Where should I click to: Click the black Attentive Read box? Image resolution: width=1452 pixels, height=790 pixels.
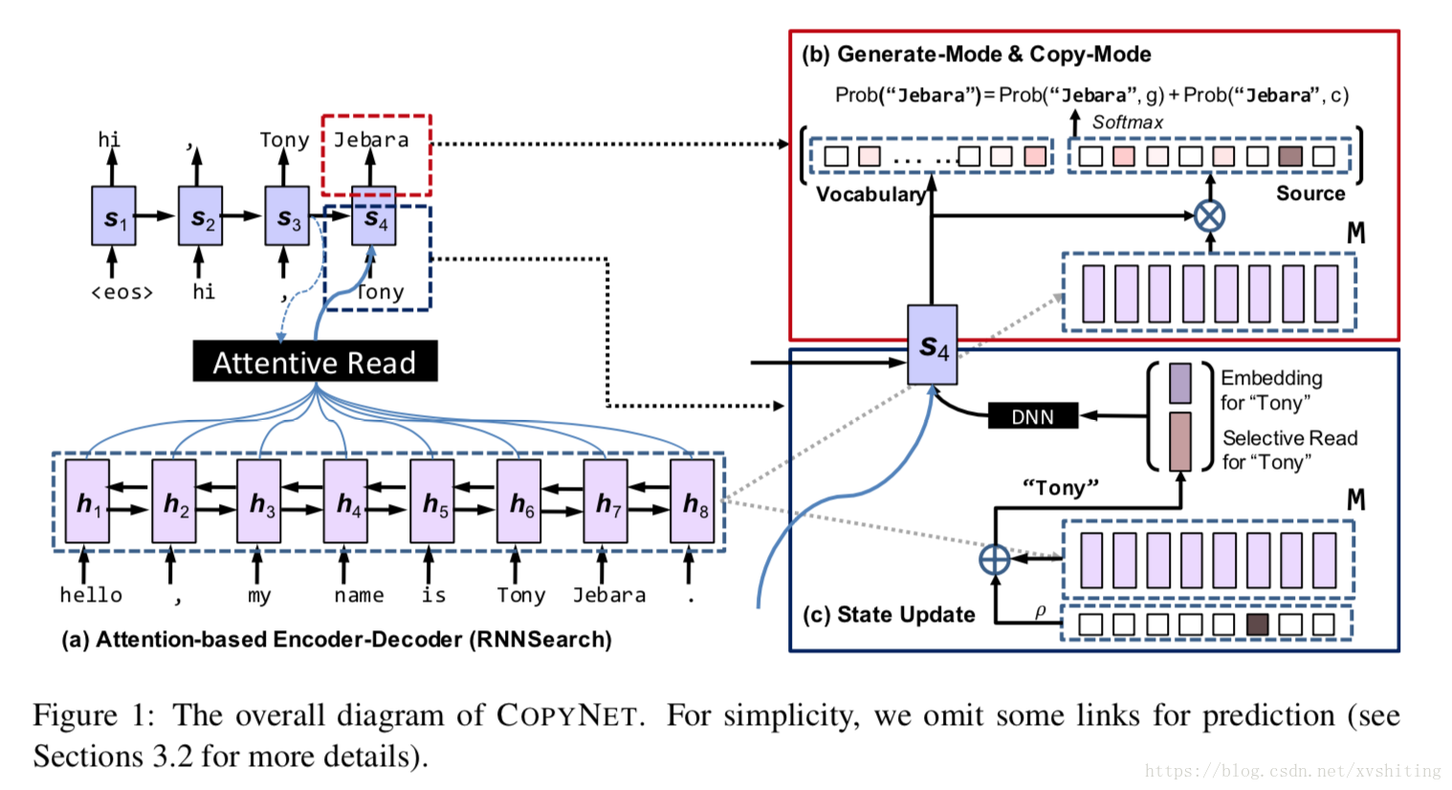[315, 362]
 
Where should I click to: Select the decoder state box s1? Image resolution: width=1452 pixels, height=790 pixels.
[114, 217]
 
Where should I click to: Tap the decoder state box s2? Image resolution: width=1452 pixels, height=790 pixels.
[200, 217]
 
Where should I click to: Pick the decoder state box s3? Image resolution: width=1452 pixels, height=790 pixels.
[287, 217]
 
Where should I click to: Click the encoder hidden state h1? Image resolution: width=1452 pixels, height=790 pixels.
[87, 502]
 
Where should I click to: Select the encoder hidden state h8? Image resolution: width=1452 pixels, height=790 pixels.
[693, 502]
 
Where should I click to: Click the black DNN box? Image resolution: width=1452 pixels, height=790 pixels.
[1032, 416]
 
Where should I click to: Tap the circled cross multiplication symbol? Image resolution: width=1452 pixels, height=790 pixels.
[1210, 215]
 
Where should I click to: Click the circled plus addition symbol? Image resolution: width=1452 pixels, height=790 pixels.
[995, 559]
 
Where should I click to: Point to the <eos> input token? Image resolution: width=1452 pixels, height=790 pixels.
[121, 293]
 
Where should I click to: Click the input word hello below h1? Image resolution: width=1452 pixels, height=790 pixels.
[91, 595]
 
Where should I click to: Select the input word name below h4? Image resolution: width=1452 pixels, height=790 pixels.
[359, 595]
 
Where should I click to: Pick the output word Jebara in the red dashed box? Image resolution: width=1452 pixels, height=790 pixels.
[371, 140]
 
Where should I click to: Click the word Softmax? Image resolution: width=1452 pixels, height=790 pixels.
[1128, 122]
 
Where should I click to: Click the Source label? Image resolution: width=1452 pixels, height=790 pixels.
[1310, 193]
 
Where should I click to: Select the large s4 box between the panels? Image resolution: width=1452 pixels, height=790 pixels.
[933, 345]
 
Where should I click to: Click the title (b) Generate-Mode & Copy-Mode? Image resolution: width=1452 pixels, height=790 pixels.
[977, 55]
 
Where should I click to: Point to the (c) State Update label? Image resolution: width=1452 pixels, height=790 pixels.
[890, 615]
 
